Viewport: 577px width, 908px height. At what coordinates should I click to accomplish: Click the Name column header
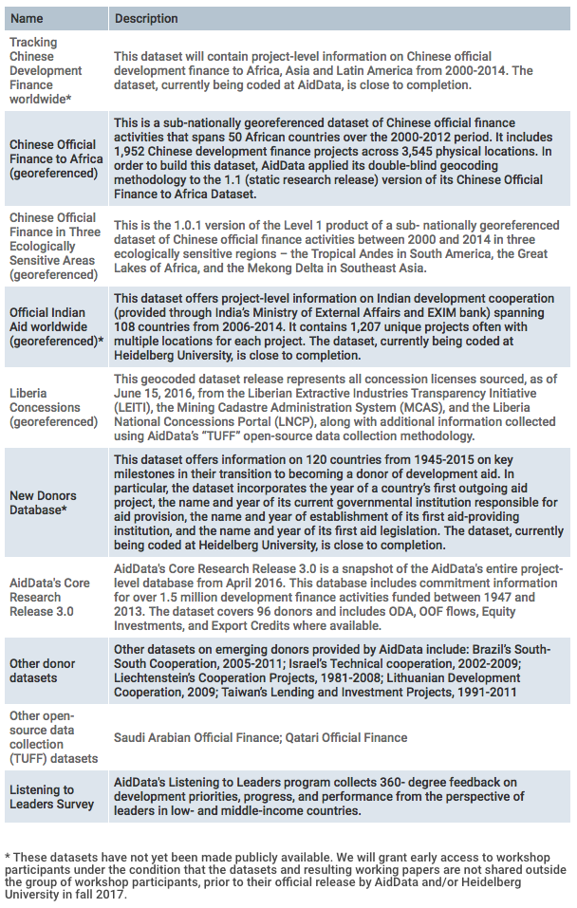coord(27,18)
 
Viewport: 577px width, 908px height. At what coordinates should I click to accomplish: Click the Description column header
coord(146,18)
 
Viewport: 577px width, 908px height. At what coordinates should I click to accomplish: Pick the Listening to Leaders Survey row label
coord(52,796)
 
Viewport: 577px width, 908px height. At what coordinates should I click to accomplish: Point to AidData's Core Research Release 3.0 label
coord(49,597)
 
